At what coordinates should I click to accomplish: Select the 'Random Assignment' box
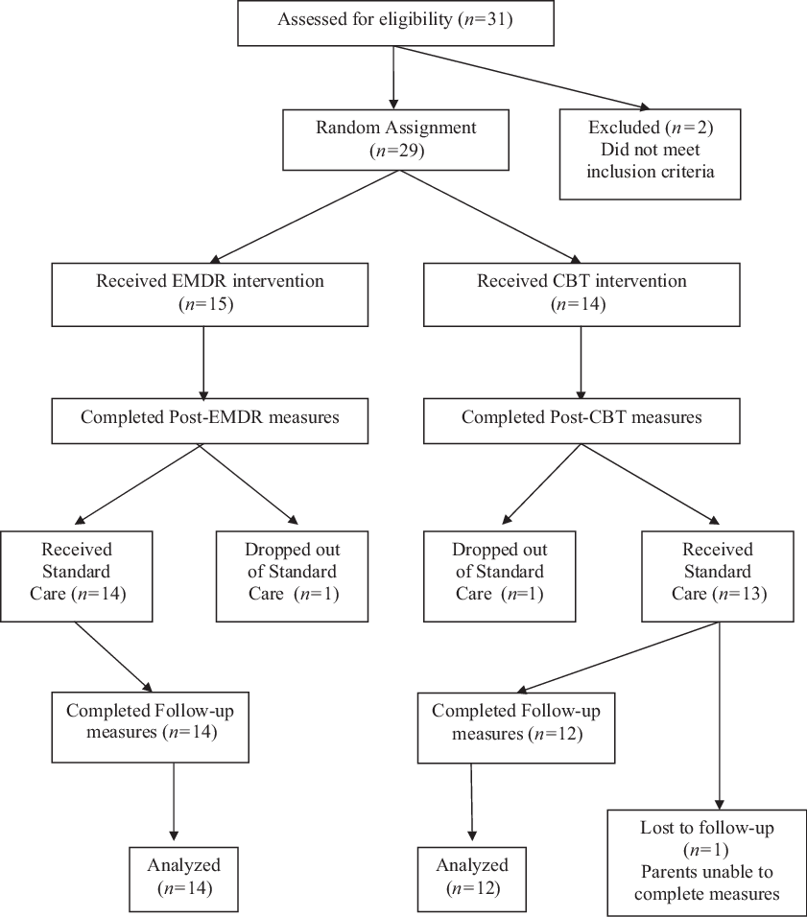coord(392,138)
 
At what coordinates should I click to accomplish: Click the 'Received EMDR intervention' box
coord(210,293)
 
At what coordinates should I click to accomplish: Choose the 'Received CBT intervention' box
coord(582,293)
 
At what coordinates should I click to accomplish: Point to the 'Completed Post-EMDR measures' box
coord(209,418)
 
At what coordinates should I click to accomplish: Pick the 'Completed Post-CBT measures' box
coord(582,418)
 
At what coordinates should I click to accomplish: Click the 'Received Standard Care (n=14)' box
coord(76,572)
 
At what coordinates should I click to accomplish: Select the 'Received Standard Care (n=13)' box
coord(717,572)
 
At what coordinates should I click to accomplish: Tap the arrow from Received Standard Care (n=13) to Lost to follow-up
coord(720,710)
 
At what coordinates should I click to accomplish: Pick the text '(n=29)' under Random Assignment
coord(392,150)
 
